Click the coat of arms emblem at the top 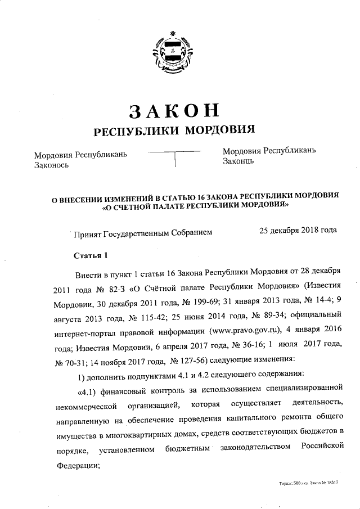(x=175, y=50)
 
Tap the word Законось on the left (x=51, y=165)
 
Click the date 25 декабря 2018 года (x=298, y=230)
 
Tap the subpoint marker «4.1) (x=86, y=388)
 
